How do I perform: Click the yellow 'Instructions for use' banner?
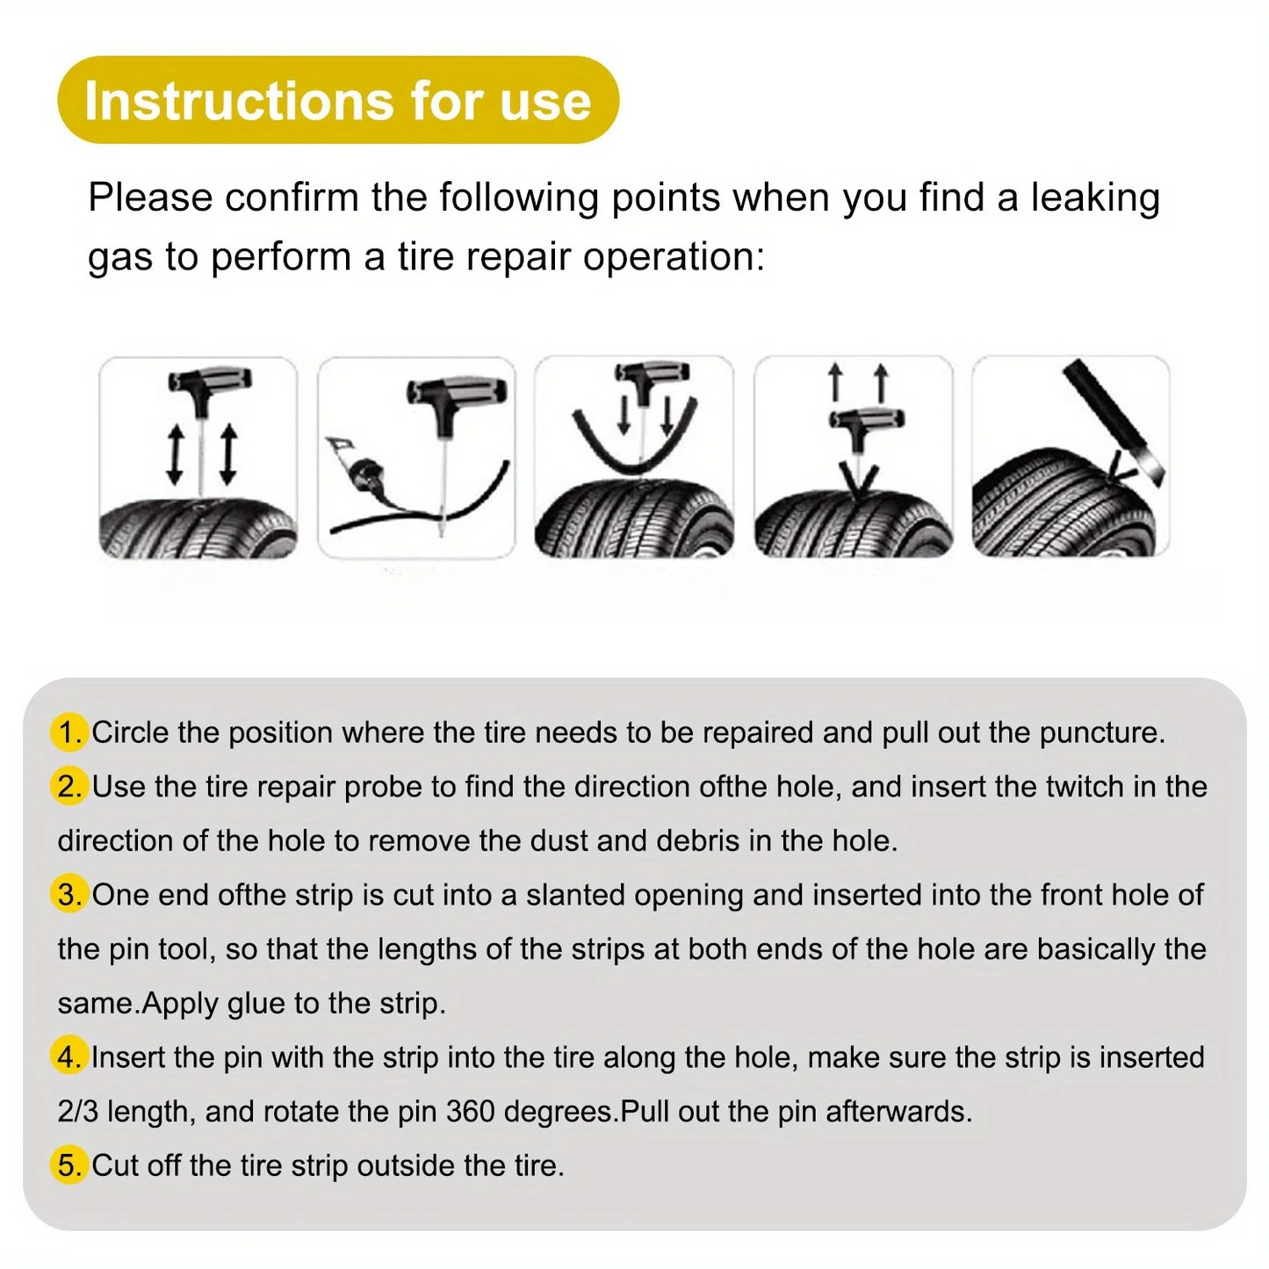click(338, 100)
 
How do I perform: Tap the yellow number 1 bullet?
click(68, 732)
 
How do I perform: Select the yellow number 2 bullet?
click(68, 786)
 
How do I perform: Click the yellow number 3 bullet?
click(68, 895)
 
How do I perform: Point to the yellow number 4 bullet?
click(68, 1057)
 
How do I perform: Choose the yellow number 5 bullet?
click(68, 1165)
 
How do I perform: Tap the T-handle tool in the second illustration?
click(456, 392)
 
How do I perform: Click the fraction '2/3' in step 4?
click(77, 1112)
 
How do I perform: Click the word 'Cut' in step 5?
click(115, 1165)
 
